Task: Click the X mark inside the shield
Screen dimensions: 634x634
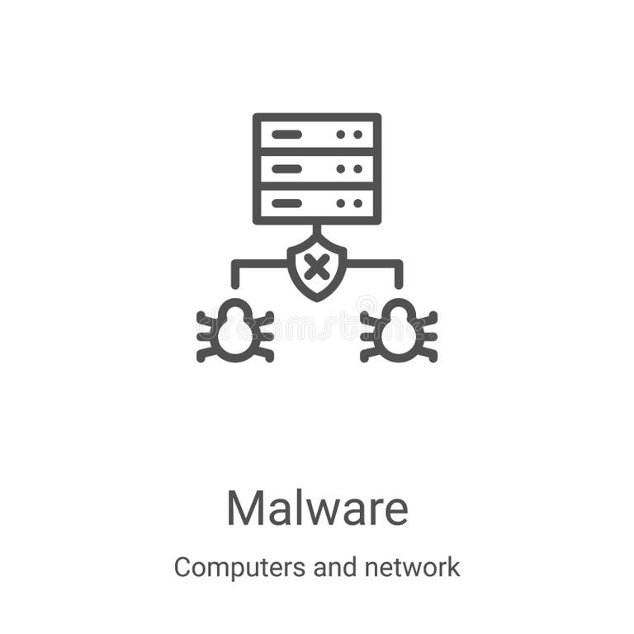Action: pyautogui.click(x=316, y=267)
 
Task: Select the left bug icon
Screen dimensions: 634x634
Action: pyautogui.click(x=235, y=332)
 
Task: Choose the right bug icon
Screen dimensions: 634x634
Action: pyautogui.click(x=399, y=332)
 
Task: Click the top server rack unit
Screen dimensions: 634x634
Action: pyautogui.click(x=317, y=135)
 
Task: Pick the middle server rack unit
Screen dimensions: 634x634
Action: pyautogui.click(x=317, y=168)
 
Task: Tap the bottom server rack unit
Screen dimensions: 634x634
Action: pyautogui.click(x=317, y=203)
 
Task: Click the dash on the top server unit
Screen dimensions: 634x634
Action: pyautogui.click(x=286, y=135)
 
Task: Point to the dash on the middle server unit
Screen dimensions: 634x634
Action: pyautogui.click(x=286, y=168)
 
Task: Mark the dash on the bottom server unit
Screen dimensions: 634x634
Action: pyautogui.click(x=286, y=203)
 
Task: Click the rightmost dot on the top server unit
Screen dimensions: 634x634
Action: pyautogui.click(x=358, y=135)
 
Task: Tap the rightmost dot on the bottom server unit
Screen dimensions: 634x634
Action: pyautogui.click(x=358, y=203)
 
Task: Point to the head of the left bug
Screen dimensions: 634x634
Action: pyautogui.click(x=235, y=310)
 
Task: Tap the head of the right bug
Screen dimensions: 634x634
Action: pyautogui.click(x=399, y=310)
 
